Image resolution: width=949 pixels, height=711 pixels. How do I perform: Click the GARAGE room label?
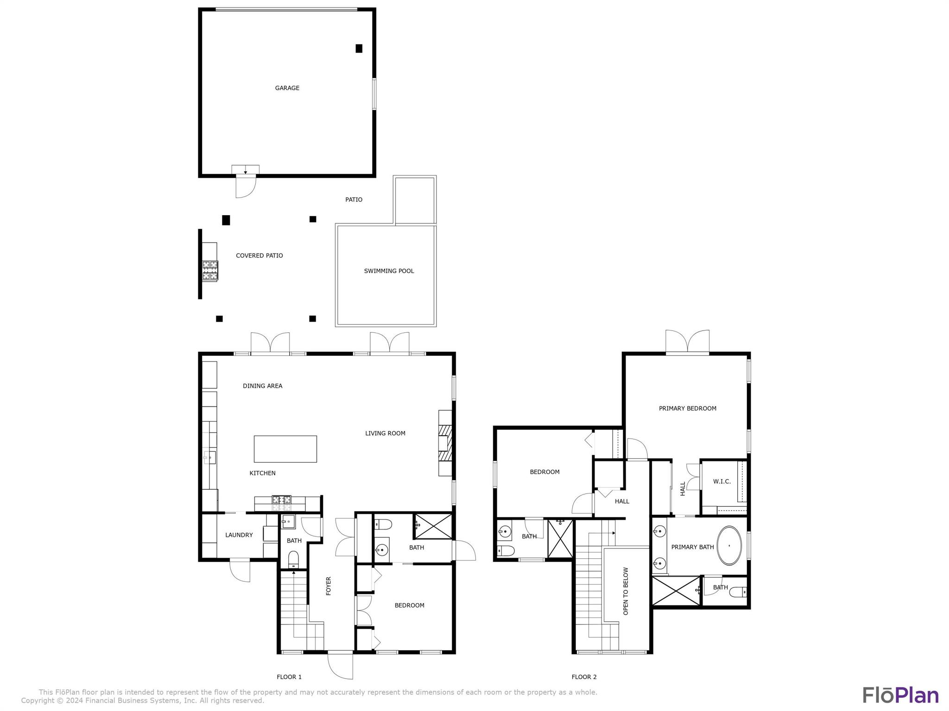pos(287,88)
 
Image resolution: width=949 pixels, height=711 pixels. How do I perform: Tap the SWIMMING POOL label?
pos(389,271)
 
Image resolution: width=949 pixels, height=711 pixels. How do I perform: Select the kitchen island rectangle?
pos(285,449)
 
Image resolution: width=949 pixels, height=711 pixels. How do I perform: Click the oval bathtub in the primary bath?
pos(729,545)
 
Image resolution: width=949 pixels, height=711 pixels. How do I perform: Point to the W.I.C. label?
pos(721,481)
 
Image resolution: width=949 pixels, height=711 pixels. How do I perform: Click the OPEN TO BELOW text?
pos(626,591)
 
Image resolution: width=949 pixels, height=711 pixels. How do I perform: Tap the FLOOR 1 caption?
pos(289,677)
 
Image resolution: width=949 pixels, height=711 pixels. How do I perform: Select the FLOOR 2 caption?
pos(584,677)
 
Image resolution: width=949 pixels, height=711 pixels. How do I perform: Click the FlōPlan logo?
pos(900,695)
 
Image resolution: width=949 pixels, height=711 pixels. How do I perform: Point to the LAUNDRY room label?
pos(239,535)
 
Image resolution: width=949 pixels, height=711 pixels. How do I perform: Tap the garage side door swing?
pos(245,186)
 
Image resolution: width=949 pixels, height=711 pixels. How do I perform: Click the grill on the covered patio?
pos(210,270)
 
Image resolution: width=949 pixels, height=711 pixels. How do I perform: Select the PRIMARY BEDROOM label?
pos(687,408)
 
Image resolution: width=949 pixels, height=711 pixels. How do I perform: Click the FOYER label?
pos(329,586)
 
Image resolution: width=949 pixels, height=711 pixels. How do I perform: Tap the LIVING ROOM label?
pos(385,433)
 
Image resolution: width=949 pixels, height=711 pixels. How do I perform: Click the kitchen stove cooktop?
pos(281,499)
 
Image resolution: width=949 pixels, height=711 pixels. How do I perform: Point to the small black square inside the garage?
pos(359,48)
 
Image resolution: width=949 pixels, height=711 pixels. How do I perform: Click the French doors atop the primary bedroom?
pos(687,343)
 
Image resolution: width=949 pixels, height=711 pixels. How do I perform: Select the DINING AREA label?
pos(262,386)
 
